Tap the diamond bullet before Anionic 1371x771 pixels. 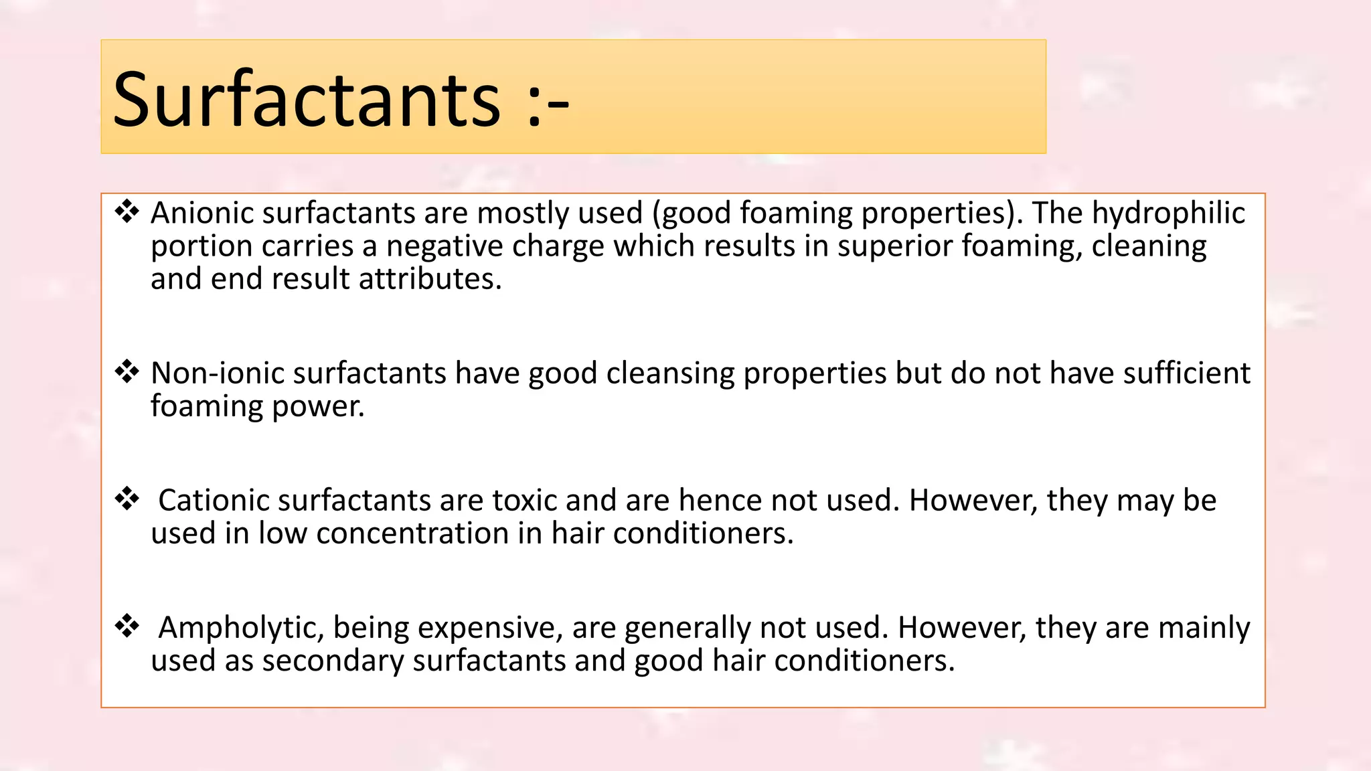pyautogui.click(x=127, y=211)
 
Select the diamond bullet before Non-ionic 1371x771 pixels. pyautogui.click(x=127, y=371)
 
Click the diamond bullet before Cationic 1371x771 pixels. pyautogui.click(x=127, y=499)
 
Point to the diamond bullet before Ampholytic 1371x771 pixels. pyautogui.click(x=127, y=626)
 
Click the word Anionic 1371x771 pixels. pyautogui.click(x=202, y=213)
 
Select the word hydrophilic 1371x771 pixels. pyautogui.click(x=1168, y=213)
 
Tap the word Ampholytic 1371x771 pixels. pyautogui.click(x=242, y=628)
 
